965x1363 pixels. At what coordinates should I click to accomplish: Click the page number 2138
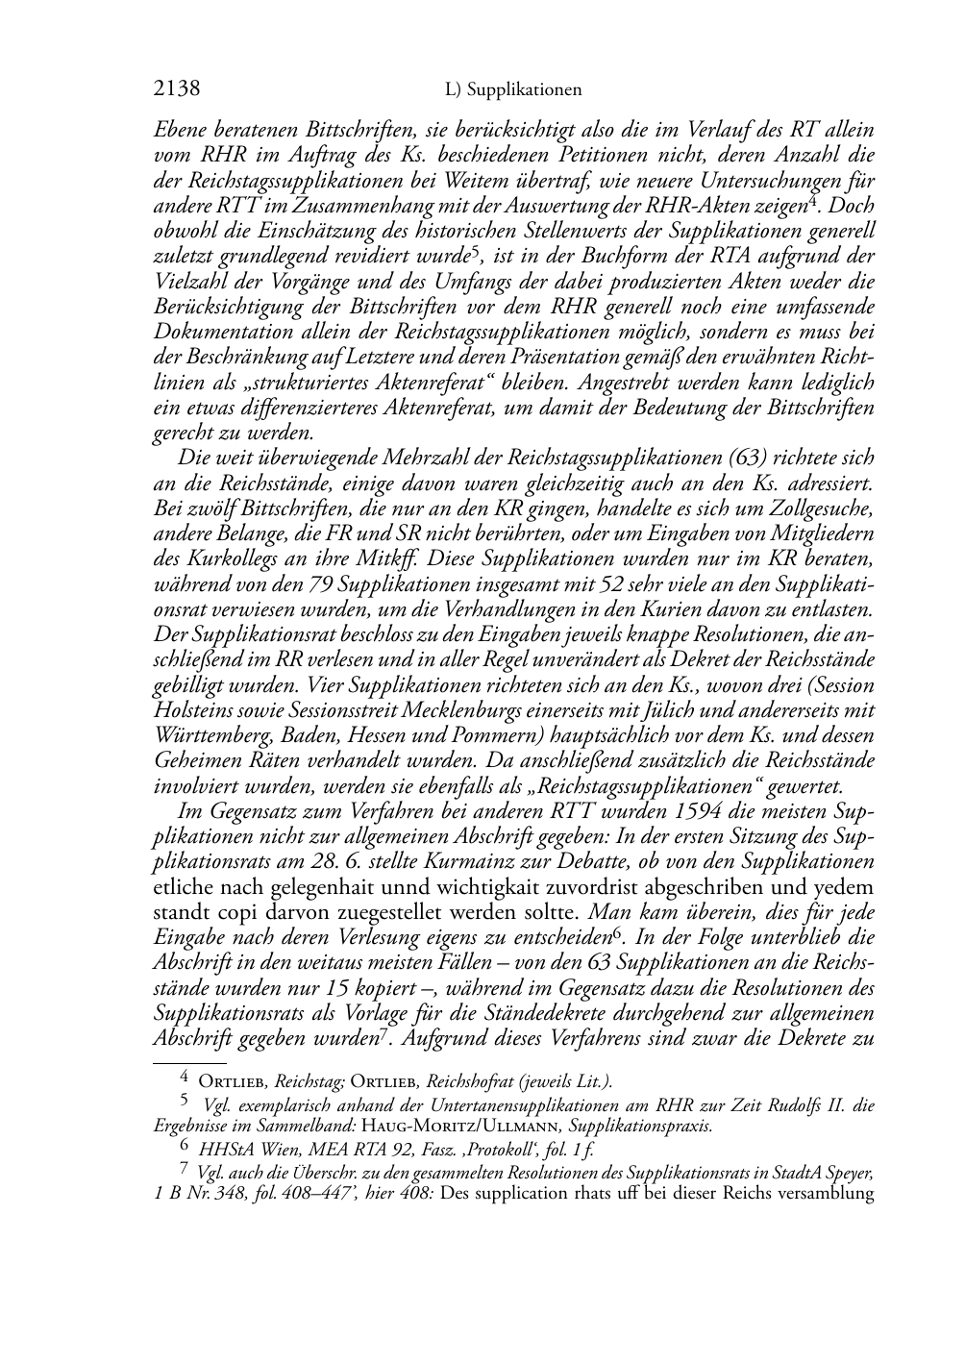(x=177, y=89)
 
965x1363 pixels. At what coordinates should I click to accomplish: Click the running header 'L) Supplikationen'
(x=514, y=90)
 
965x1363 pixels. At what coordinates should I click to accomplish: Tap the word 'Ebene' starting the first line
(x=179, y=131)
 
